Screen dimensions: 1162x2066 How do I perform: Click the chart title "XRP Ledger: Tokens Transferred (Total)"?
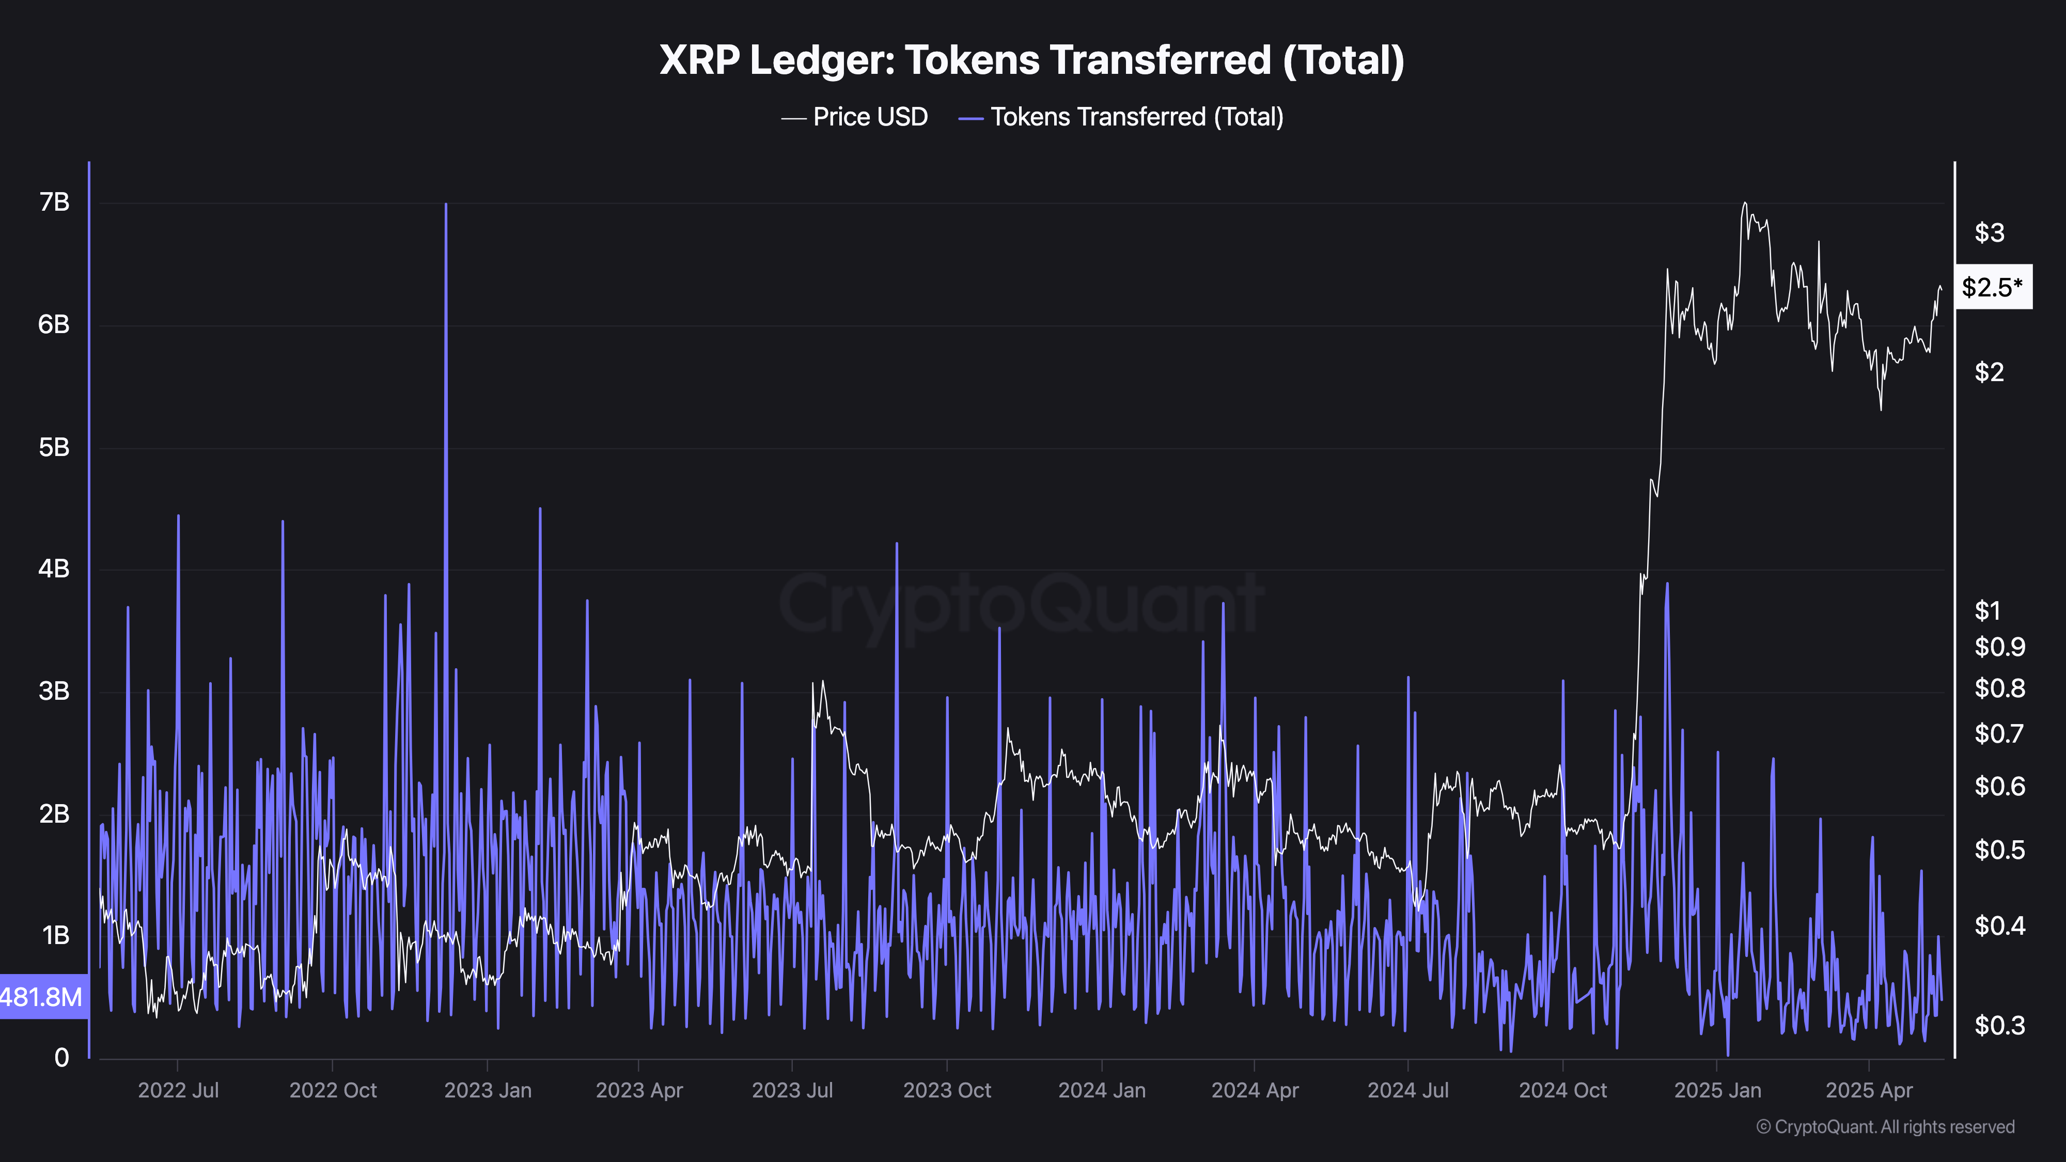(1031, 60)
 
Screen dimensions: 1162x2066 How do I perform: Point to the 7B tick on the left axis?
(55, 202)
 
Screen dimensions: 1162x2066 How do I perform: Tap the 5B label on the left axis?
(55, 447)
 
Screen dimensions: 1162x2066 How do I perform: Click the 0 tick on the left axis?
(62, 1058)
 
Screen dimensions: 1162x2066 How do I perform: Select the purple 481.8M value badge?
(43, 997)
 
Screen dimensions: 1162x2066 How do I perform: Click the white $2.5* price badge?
(1992, 286)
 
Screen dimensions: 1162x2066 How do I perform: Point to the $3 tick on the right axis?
(1989, 232)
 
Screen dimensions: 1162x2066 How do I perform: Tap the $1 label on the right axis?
(1987, 611)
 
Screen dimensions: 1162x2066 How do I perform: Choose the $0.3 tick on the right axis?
(1999, 1025)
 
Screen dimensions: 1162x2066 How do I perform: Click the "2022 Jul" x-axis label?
(178, 1091)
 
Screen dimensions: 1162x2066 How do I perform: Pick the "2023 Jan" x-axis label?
(488, 1091)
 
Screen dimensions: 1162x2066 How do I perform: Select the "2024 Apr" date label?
(1255, 1091)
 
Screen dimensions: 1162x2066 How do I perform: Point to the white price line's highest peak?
(1744, 203)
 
